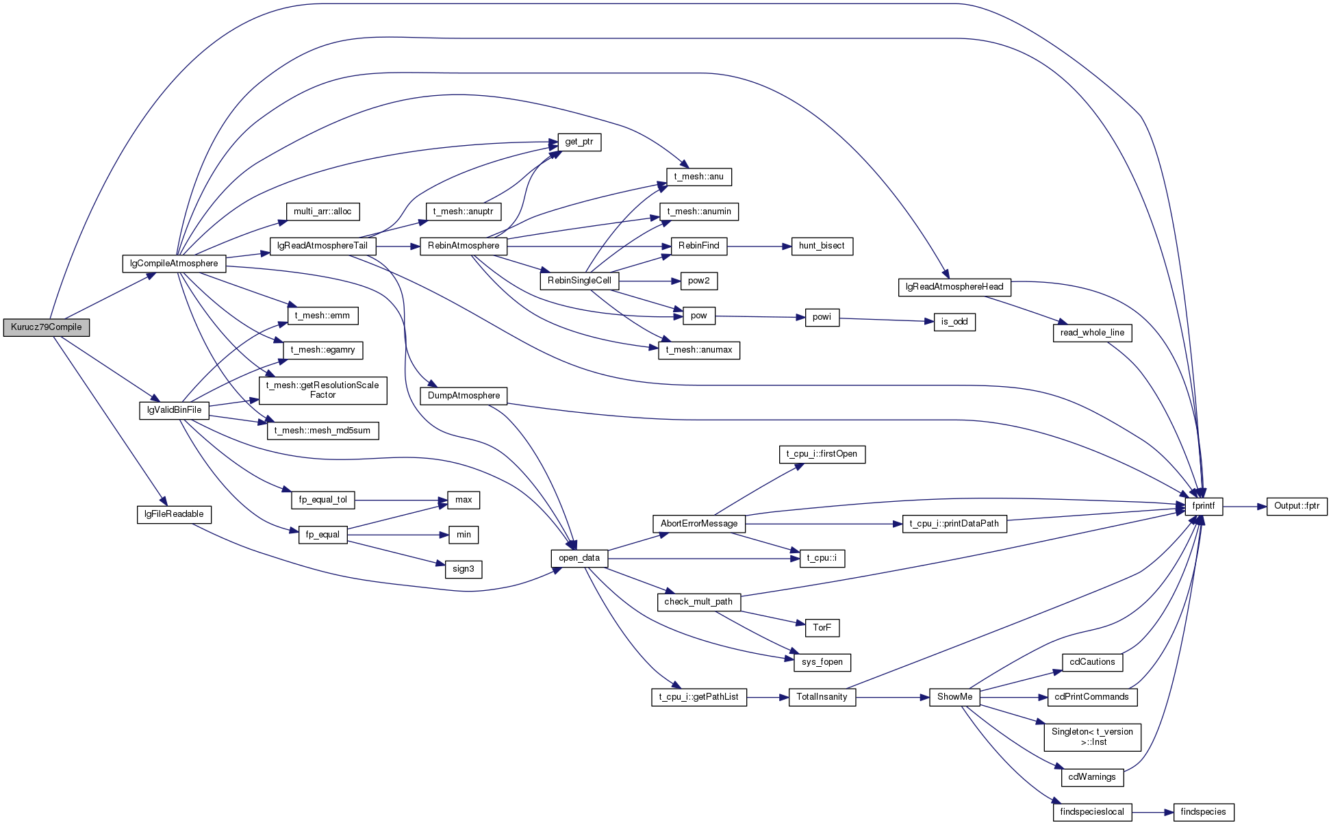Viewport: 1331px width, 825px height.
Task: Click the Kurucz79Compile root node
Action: click(46, 327)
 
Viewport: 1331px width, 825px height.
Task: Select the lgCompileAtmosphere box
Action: click(174, 264)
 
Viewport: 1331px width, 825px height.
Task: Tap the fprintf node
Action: click(1204, 506)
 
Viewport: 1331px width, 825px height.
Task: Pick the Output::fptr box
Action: click(1297, 506)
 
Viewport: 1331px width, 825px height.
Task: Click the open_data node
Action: click(579, 558)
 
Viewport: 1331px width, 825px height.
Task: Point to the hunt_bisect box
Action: click(822, 246)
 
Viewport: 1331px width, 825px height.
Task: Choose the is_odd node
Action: click(954, 322)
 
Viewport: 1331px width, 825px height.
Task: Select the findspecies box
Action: click(1204, 812)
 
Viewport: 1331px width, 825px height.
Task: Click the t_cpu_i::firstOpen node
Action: click(822, 454)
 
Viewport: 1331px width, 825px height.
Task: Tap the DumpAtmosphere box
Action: click(464, 396)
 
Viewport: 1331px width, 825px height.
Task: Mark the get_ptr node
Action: click(579, 142)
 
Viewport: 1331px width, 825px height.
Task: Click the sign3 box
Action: click(464, 569)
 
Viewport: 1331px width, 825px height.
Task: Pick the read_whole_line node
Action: click(1092, 333)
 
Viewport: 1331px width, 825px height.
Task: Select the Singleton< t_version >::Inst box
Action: click(1092, 737)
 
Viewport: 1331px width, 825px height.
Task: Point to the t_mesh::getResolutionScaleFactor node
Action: click(322, 390)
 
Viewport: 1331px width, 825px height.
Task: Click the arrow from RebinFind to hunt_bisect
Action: click(759, 246)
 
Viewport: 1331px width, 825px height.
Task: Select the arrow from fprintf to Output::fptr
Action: click(1245, 506)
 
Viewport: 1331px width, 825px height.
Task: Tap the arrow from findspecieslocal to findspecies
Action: click(1152, 812)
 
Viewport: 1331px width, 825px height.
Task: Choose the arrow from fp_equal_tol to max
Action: click(401, 500)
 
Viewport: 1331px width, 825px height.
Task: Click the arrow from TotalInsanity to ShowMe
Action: click(892, 697)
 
